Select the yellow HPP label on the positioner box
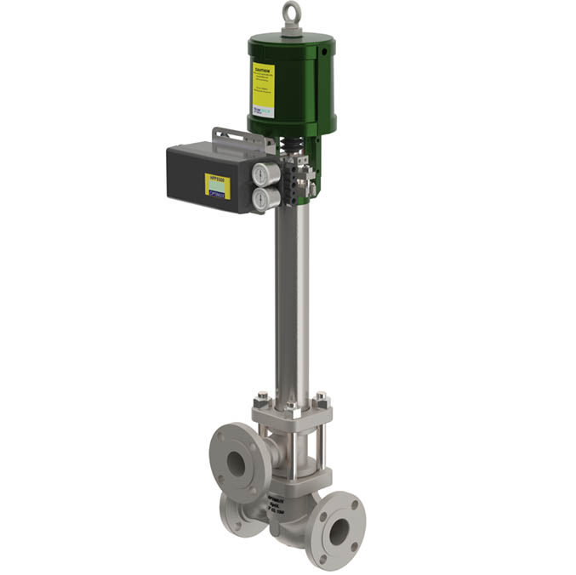pos(217,185)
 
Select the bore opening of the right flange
pos(339,532)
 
